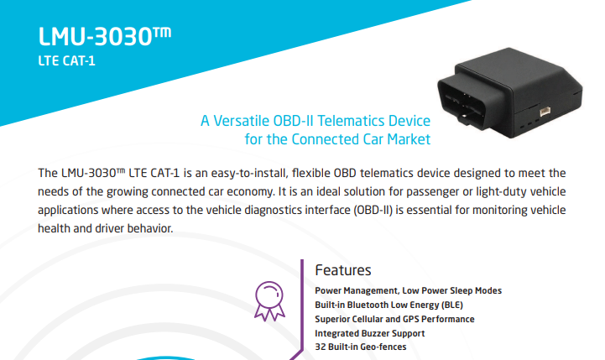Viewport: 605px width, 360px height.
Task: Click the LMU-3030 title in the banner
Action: click(x=105, y=37)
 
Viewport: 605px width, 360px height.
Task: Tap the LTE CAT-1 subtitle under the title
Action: click(x=67, y=61)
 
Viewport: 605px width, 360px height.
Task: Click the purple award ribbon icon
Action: click(x=269, y=301)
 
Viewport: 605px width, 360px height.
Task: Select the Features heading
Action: click(x=343, y=270)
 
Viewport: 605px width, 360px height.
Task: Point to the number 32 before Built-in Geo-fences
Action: click(x=320, y=347)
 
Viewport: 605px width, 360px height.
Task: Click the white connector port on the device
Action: click(x=545, y=112)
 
